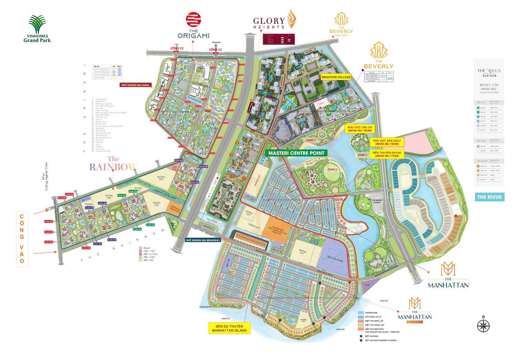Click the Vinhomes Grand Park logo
point(37,29)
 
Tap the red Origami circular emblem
point(193,20)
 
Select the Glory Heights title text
point(269,21)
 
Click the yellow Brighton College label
point(336,77)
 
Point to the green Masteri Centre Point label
point(296,153)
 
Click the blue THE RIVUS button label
point(489,197)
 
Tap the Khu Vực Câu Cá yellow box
point(359,129)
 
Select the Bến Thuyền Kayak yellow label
point(387,154)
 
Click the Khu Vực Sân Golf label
point(387,142)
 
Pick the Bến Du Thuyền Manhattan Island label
point(229,328)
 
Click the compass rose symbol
point(483,326)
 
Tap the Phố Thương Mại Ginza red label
point(135,85)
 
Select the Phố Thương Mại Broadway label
point(203,240)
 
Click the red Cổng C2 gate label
point(176,48)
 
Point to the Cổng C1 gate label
point(215,50)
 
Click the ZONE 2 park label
point(332,170)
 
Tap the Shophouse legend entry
point(371,313)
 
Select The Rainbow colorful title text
point(113,164)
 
